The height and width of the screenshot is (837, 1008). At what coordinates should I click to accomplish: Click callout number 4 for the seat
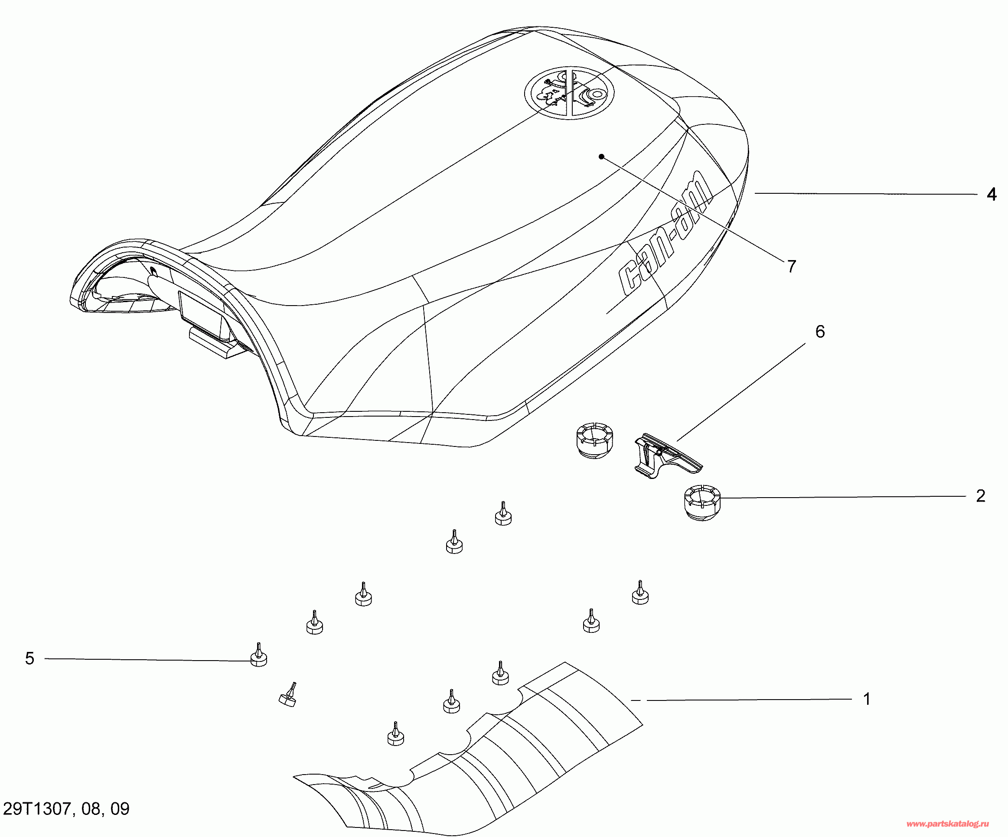coord(991,194)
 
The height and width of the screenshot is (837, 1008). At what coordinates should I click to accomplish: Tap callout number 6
coord(820,332)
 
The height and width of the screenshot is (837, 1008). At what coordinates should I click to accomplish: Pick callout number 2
coord(981,496)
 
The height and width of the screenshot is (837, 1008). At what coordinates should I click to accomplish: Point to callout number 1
coord(866,699)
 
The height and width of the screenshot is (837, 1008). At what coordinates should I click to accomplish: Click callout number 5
coord(30,658)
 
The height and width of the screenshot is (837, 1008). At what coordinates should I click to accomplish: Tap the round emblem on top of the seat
coord(569,93)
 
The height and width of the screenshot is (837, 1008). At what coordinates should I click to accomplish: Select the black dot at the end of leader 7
coord(601,156)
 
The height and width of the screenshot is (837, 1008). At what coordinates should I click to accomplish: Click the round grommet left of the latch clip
coord(594,440)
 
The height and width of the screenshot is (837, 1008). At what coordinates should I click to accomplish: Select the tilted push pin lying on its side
coord(288,696)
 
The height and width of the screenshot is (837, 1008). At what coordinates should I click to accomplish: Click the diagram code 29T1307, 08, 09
coord(66,809)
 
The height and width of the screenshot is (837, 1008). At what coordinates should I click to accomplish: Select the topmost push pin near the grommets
coord(503,515)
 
